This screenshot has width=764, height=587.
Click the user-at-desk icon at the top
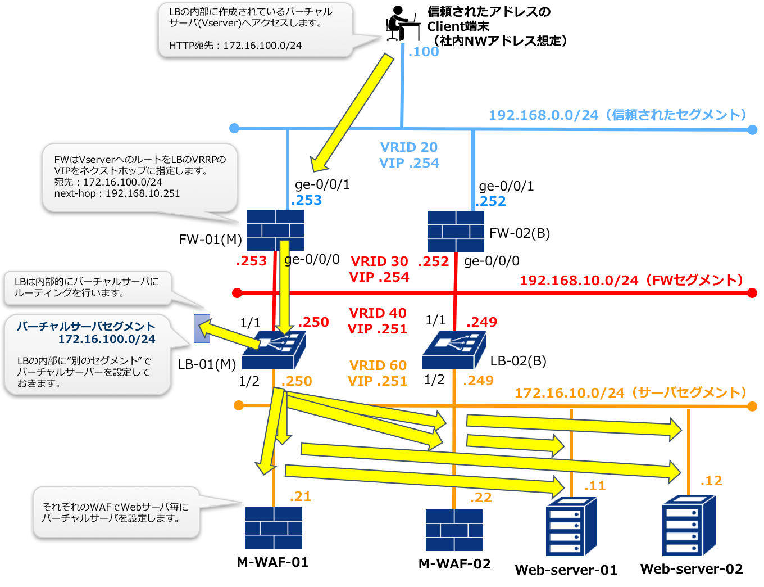point(403,23)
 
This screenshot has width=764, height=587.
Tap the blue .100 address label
point(424,52)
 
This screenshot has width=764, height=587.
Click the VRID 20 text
point(409,147)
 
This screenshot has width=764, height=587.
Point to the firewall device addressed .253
point(275,230)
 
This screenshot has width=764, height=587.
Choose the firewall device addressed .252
point(456,231)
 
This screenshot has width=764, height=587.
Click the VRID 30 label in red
point(379,261)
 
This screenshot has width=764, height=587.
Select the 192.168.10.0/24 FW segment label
point(631,280)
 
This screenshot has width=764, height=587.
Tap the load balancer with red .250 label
point(274,350)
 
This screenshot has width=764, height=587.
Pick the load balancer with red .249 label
point(454,350)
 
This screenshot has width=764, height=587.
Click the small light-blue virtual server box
point(202,329)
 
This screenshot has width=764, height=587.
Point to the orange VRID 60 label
point(378,365)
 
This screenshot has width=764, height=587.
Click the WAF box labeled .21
point(274,528)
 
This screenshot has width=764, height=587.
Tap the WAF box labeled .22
point(454,530)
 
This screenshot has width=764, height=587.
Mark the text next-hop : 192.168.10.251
point(117,193)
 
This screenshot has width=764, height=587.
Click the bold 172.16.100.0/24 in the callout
point(107,339)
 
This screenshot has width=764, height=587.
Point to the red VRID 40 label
point(378,313)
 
